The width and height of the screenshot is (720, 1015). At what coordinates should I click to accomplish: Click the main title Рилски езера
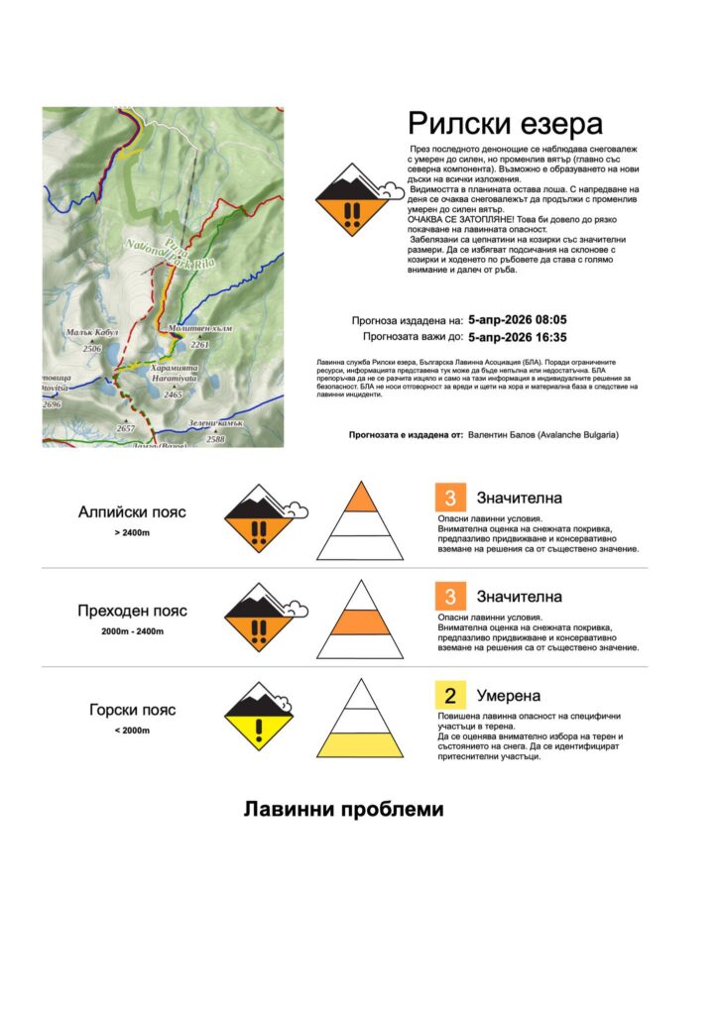click(505, 125)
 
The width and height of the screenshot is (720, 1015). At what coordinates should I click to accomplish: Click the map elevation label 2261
click(200, 345)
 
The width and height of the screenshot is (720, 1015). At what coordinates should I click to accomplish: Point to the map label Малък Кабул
click(92, 334)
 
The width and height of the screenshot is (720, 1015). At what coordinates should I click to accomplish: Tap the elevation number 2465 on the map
click(173, 395)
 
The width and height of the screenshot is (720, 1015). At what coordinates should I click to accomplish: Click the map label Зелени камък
click(215, 424)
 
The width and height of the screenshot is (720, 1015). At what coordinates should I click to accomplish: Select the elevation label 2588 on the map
click(215, 438)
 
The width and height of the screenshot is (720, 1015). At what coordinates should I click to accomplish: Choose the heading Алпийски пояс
click(132, 512)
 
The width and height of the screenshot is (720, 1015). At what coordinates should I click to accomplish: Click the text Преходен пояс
click(132, 611)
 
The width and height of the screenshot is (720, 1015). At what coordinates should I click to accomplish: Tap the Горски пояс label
click(132, 710)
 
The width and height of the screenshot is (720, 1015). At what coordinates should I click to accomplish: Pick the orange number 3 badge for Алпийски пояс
click(450, 498)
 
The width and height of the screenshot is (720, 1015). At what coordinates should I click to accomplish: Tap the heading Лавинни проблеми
click(344, 810)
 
